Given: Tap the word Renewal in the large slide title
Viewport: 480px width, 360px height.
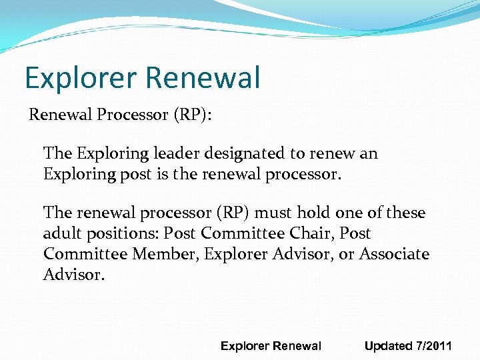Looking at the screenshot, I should click(x=201, y=78).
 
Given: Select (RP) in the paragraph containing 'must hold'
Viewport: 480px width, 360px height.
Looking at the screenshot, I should click(x=231, y=213).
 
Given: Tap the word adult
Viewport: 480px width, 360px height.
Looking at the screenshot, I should click(x=61, y=234).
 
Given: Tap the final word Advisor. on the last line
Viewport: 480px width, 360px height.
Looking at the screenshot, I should click(x=74, y=275).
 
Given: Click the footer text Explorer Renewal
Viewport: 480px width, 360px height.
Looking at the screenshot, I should click(x=271, y=346).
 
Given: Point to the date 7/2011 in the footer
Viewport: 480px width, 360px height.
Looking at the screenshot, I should click(x=433, y=346).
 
